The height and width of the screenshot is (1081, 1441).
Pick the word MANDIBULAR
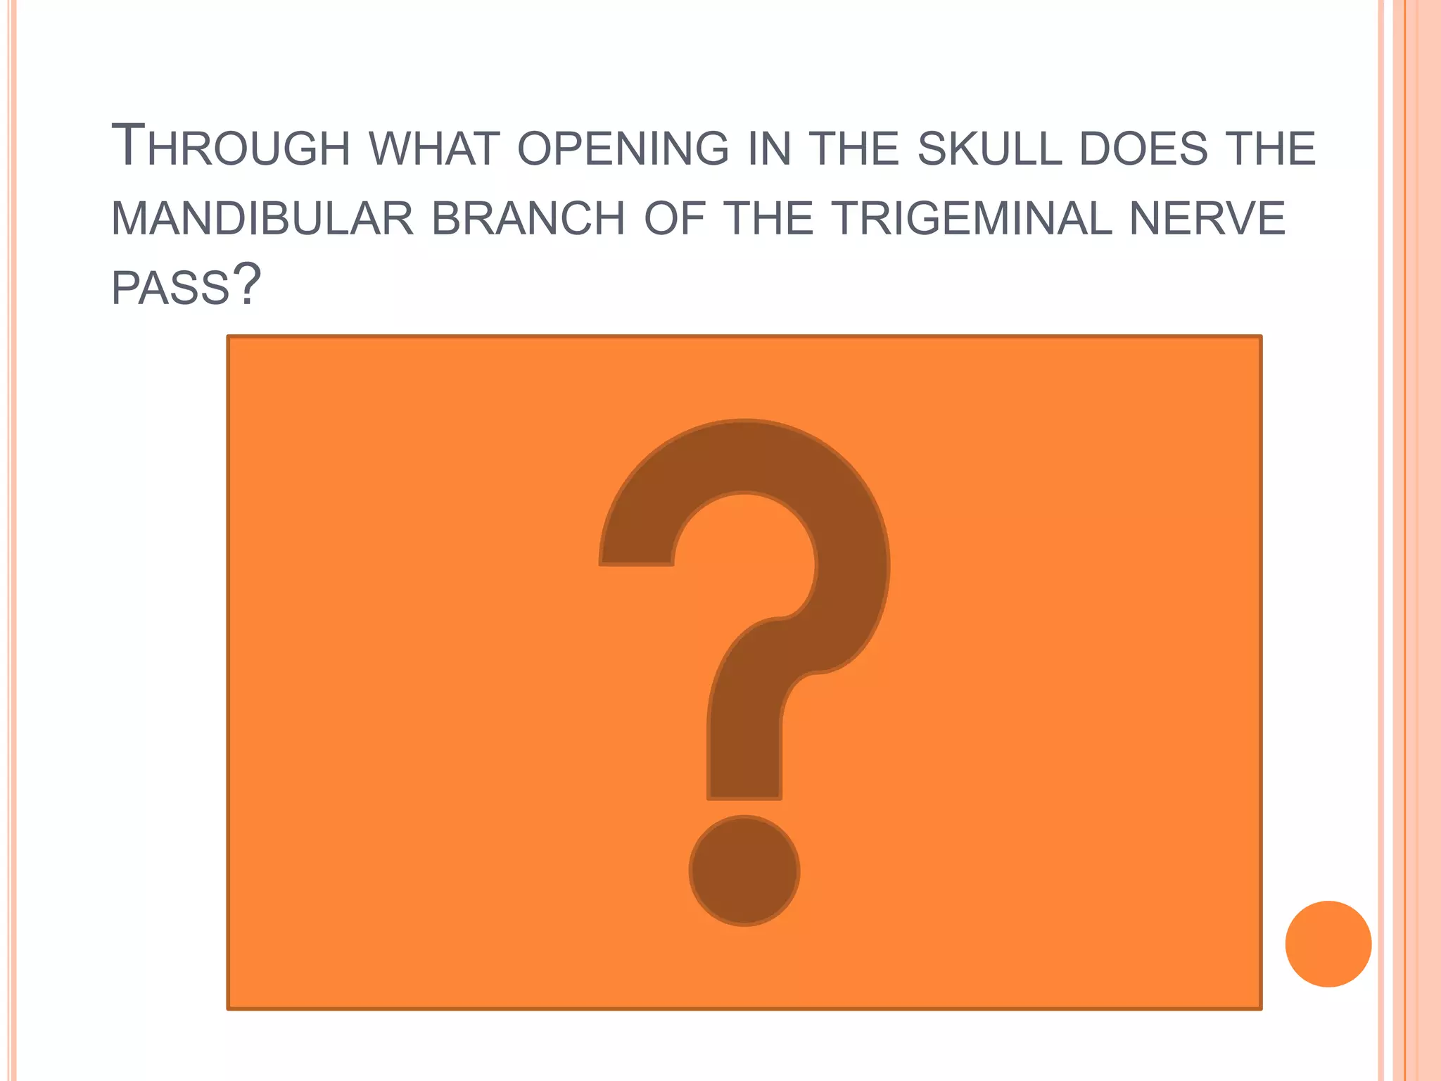[262, 219]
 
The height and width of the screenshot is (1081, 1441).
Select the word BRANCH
[528, 219]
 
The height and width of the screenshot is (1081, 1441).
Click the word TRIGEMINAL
[974, 219]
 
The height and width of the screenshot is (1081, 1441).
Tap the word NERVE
[1207, 219]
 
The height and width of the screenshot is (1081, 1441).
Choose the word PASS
[171, 288]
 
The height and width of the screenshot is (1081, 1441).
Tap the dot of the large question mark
[744, 871]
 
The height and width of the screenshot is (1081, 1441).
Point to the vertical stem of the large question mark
[744, 746]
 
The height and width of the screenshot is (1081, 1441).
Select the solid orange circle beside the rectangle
[1328, 944]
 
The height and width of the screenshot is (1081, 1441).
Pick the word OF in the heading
[675, 219]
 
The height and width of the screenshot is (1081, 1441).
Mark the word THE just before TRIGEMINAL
[768, 219]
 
